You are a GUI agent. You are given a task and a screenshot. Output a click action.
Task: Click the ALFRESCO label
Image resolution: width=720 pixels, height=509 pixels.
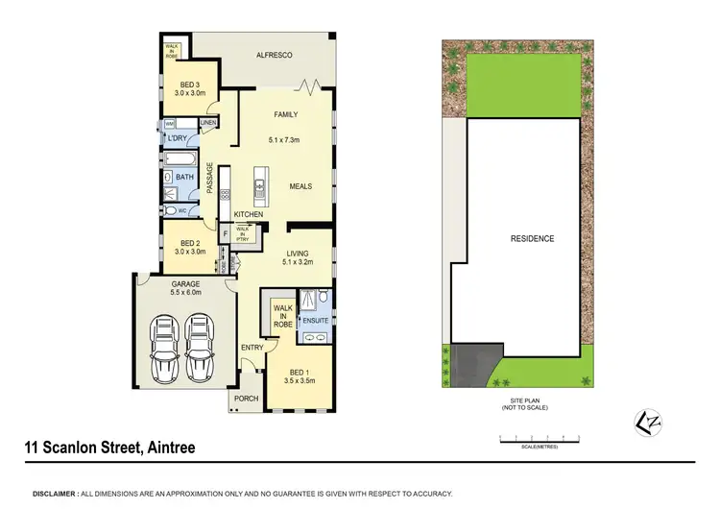[273, 57]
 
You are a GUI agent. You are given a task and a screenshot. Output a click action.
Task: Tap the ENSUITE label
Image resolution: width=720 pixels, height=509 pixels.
[316, 320]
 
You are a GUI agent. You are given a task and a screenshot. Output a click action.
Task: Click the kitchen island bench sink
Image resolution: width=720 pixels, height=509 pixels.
[258, 183]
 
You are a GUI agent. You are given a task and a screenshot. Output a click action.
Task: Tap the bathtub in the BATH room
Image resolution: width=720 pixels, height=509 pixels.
[183, 158]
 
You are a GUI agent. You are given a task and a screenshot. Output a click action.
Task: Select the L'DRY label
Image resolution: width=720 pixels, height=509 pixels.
[178, 139]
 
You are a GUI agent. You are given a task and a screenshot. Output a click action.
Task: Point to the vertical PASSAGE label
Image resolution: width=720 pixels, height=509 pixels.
[209, 179]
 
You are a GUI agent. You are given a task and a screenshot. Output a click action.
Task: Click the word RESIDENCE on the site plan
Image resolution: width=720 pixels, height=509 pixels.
[532, 238]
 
